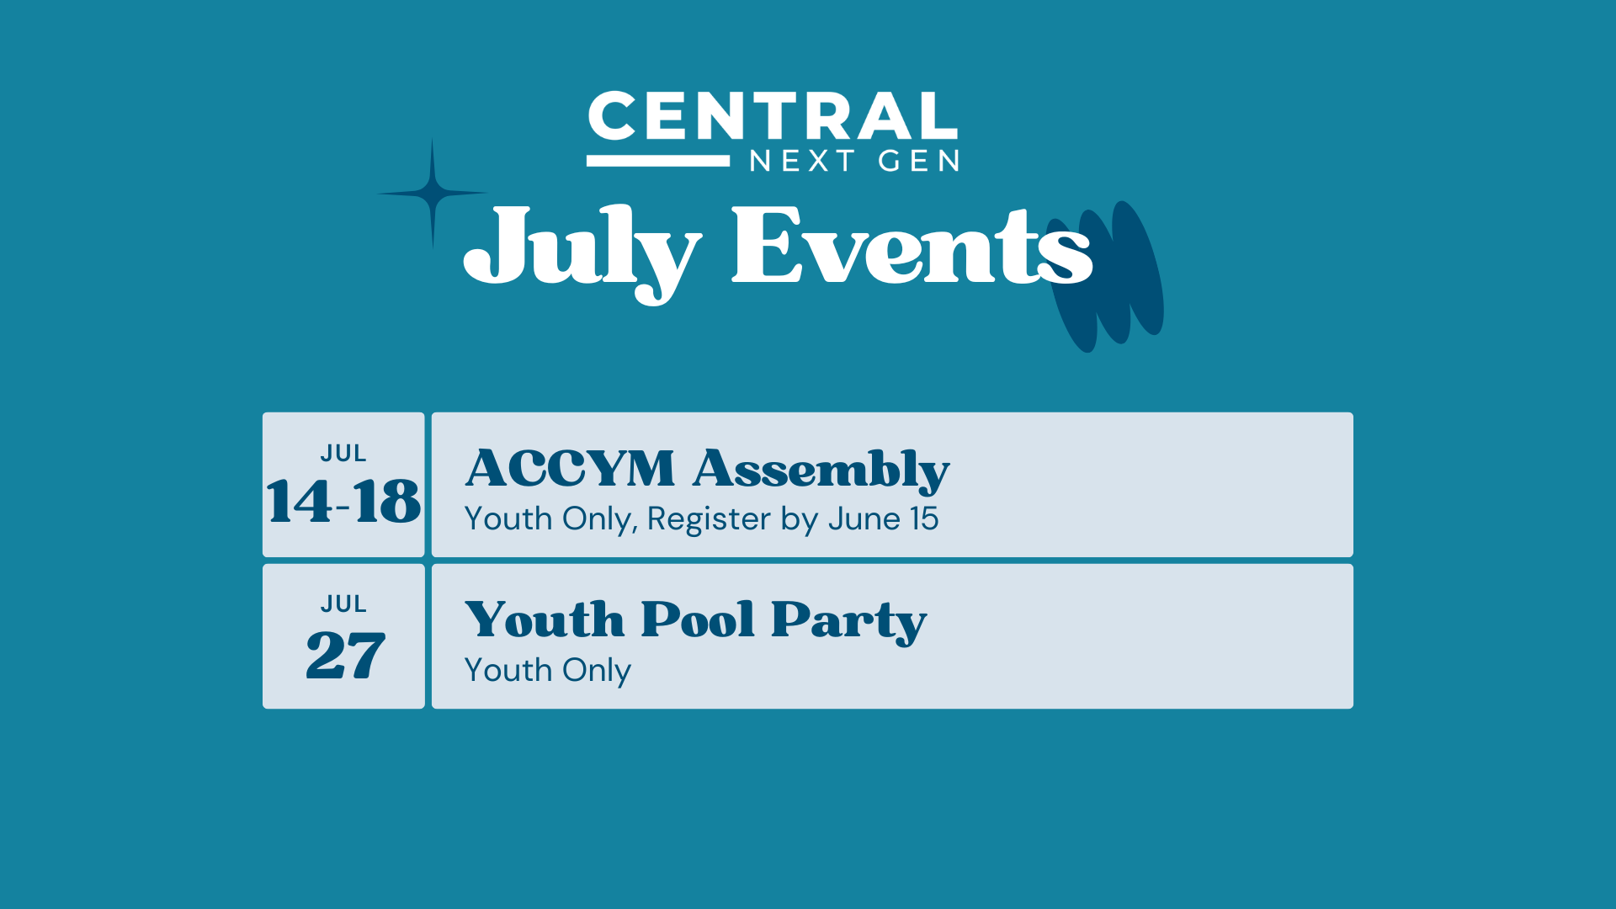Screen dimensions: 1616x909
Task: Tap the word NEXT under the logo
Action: (x=802, y=161)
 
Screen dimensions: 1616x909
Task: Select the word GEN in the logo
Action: (x=918, y=161)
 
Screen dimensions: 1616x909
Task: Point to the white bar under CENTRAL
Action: (x=658, y=161)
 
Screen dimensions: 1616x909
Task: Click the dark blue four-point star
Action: (x=433, y=194)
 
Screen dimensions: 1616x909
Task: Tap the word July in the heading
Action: (x=582, y=252)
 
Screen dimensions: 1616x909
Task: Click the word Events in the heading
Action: (x=912, y=245)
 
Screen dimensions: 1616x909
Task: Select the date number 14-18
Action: (x=343, y=502)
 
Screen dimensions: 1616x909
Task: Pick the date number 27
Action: (x=345, y=654)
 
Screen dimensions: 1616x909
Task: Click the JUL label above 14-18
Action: (x=343, y=454)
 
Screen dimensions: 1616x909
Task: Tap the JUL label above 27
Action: (x=343, y=604)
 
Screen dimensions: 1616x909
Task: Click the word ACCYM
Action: (x=570, y=468)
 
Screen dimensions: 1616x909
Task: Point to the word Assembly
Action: (x=821, y=471)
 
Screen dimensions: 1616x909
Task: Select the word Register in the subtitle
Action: (x=709, y=520)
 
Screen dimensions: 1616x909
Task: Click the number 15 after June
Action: (x=924, y=518)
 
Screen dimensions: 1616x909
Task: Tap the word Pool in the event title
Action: (x=698, y=619)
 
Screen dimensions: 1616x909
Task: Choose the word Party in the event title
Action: (x=848, y=623)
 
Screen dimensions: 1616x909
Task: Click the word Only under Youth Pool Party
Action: (x=597, y=672)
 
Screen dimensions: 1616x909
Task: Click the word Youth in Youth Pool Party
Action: (x=545, y=619)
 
